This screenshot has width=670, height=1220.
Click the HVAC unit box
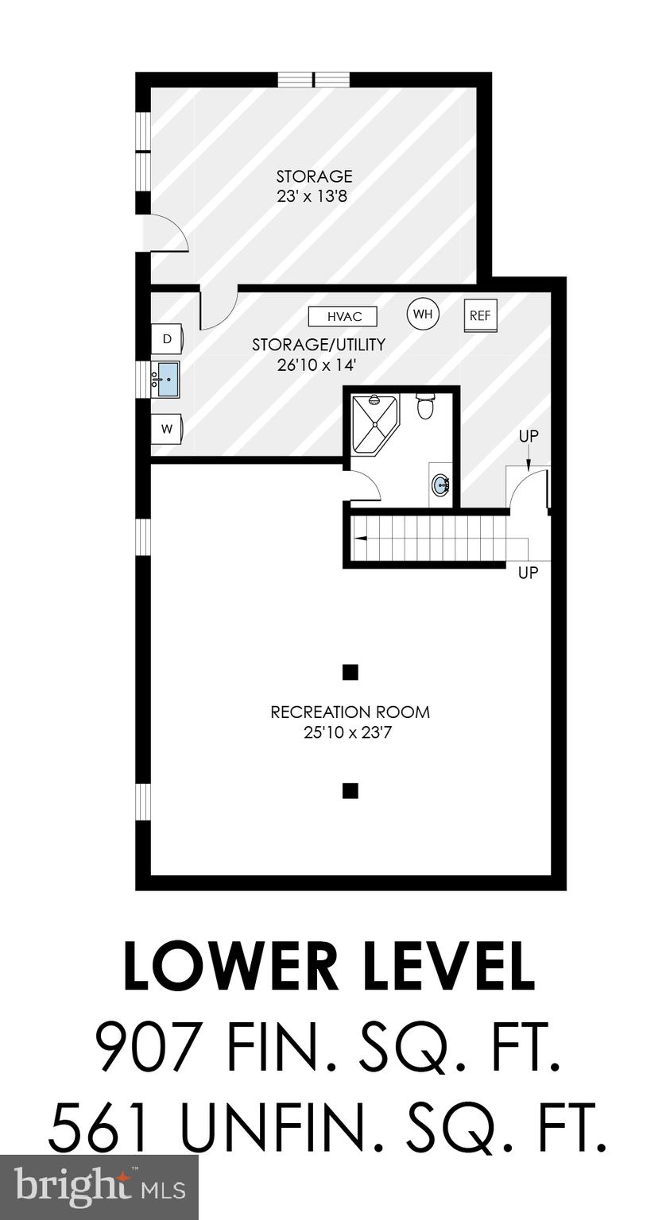tap(343, 316)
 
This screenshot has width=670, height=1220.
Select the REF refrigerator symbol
tap(480, 315)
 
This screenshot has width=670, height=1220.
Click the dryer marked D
tap(168, 339)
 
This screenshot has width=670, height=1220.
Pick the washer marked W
tap(168, 429)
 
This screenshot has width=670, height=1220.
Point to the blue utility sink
tap(167, 379)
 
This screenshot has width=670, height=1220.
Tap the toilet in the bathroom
tap(426, 405)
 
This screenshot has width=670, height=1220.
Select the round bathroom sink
tap(441, 483)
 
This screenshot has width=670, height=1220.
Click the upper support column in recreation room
tap(350, 673)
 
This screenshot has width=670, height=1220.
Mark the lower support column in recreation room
tap(350, 790)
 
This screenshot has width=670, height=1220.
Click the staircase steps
tap(429, 539)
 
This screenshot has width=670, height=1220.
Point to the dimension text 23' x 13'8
tap(312, 195)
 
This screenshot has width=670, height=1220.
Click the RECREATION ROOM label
tap(350, 712)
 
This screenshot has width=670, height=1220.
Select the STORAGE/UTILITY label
tap(318, 345)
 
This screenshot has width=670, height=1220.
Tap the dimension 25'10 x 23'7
tap(350, 732)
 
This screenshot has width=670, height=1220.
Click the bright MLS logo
tap(99, 1187)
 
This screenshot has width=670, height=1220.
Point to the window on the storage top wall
tap(313, 79)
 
